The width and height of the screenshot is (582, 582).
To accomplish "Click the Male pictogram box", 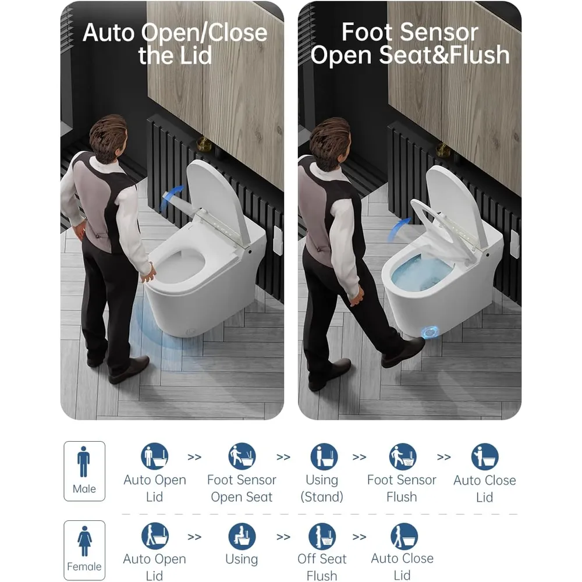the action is (84, 471).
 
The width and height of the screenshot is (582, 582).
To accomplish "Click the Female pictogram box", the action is (84, 550).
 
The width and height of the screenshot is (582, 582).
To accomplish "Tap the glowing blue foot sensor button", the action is (431, 332).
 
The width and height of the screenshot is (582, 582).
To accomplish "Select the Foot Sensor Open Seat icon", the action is (242, 456).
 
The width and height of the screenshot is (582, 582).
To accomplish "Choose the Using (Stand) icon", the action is (324, 456).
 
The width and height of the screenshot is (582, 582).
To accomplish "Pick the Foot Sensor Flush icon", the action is (403, 456).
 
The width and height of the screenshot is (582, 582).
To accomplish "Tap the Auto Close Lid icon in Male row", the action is (485, 456).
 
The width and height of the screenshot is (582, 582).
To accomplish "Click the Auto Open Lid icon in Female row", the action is (155, 536).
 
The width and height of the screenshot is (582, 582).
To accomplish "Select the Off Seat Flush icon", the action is (322, 537).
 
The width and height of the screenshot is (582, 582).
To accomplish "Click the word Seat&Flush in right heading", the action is (444, 55).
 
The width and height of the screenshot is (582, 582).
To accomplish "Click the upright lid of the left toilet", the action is (219, 200).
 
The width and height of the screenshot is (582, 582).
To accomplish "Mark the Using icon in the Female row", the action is (242, 537).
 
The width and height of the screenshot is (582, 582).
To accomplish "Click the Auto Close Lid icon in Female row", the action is (404, 537).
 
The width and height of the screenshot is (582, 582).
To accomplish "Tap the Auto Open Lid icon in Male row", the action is (155, 456).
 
